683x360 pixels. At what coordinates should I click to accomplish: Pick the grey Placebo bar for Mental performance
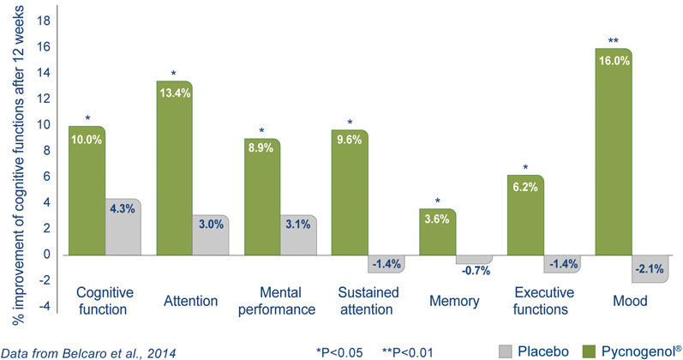coord(298,236)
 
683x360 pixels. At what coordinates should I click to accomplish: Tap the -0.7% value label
coord(475,270)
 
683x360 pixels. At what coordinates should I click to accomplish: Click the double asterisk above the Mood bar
coord(614,40)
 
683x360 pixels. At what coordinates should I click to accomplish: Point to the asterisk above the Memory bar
coord(438,201)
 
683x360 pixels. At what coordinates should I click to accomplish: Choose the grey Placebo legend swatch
coord(506,349)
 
